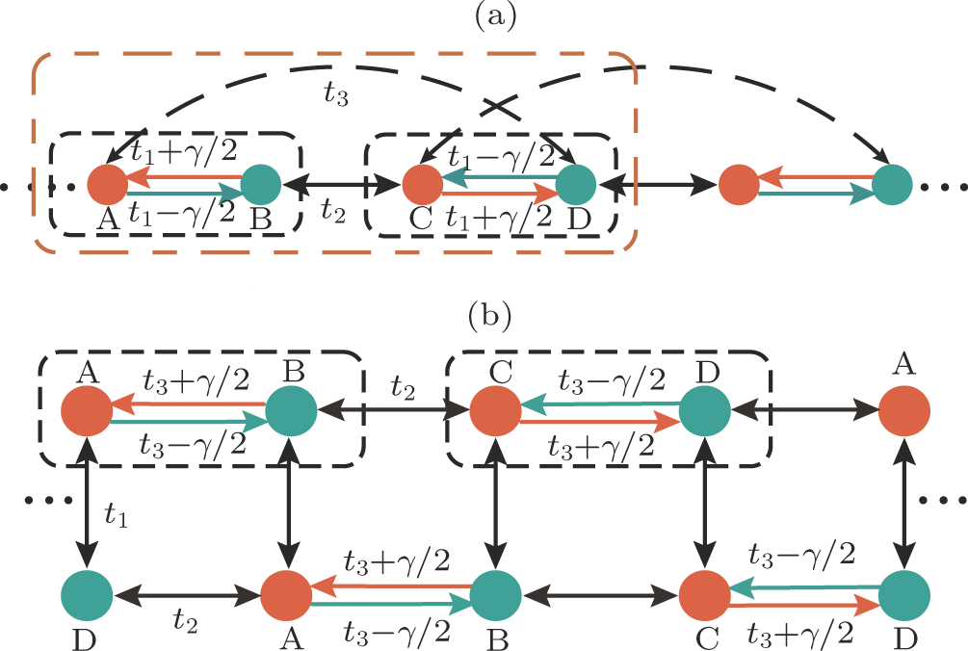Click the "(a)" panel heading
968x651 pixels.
coord(485,16)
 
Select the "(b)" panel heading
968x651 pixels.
coord(485,315)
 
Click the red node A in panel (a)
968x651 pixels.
coord(107,183)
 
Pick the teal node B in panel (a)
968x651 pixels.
coord(260,183)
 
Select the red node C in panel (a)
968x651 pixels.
coord(420,183)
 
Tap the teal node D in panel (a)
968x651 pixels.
coord(577,183)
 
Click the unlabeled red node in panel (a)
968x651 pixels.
coord(738,183)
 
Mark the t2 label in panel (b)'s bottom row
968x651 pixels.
coord(185,624)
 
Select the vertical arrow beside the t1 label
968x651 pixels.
coord(88,502)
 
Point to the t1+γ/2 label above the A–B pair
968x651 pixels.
coord(181,147)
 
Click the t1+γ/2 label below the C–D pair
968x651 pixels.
coord(497,216)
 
